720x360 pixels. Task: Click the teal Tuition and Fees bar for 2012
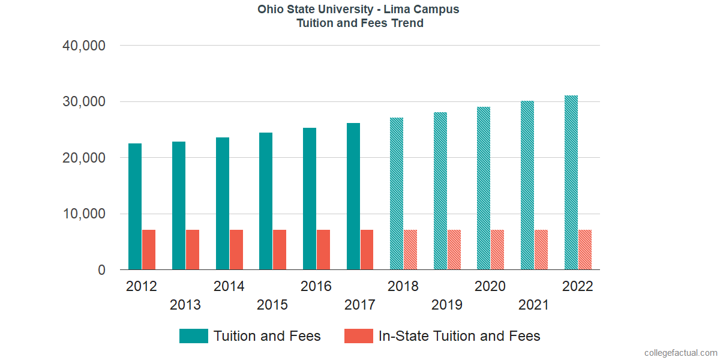135,207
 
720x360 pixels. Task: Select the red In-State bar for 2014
236,250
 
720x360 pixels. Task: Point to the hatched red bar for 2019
454,250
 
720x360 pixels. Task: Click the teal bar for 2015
266,202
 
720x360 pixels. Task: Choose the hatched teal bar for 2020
484,188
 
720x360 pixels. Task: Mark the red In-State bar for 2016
323,250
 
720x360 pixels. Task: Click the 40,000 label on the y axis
84,46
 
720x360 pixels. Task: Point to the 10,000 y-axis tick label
84,214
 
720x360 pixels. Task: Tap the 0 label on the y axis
101,271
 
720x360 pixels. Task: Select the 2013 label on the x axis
185,305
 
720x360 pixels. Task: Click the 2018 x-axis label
403,286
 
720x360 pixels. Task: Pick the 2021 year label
533,305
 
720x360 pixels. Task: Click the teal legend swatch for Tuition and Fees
193,336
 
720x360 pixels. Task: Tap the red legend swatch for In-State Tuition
358,336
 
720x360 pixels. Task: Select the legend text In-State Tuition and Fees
459,336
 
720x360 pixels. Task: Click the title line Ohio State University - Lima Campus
359,10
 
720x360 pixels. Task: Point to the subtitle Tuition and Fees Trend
359,23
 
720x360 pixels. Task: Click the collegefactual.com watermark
680,353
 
